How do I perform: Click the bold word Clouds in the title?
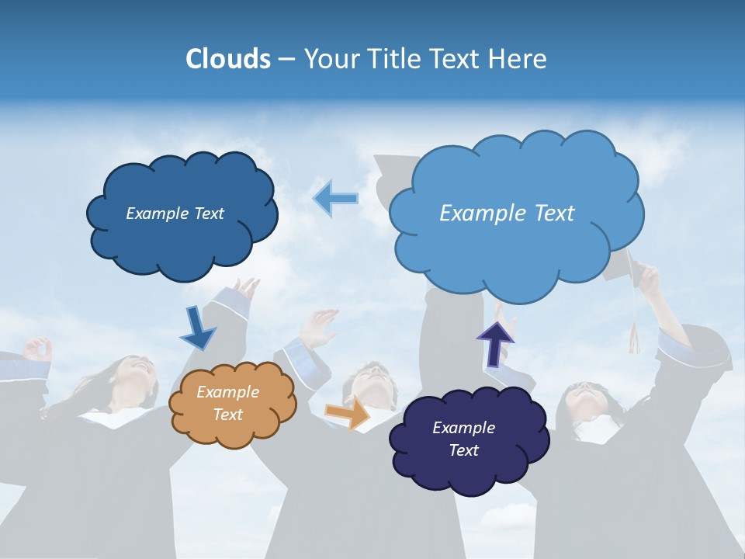point(227,58)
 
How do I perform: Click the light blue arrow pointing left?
point(335,199)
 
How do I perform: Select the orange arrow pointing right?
point(347,414)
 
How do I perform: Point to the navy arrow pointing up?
point(495,343)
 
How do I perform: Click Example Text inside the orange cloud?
point(227,404)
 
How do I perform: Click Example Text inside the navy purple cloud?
point(463,439)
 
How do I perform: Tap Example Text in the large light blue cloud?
point(507,213)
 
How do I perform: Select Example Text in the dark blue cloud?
point(175,213)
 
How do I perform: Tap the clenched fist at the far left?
point(36,349)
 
